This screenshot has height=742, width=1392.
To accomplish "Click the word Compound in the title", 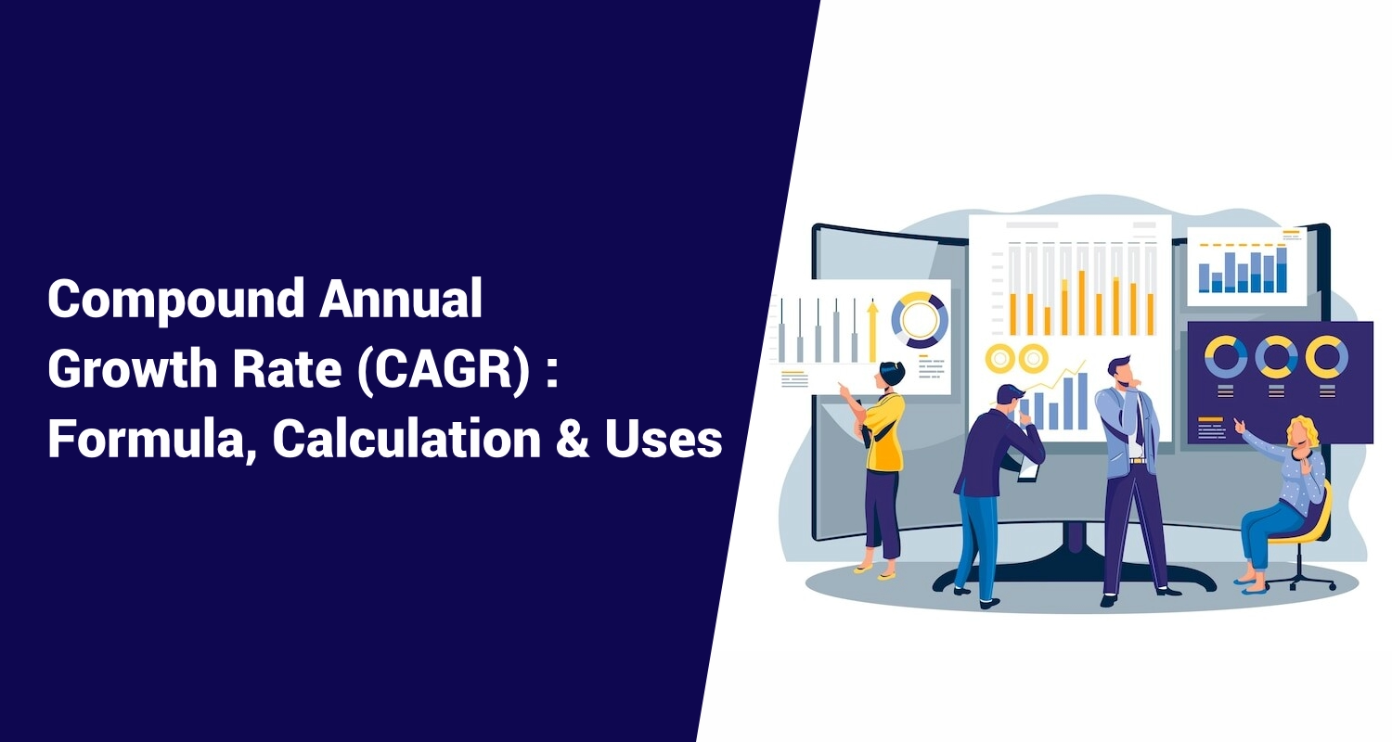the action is click(176, 301).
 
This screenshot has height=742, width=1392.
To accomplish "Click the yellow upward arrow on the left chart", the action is click(872, 331).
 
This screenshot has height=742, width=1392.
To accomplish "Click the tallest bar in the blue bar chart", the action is click(1282, 270).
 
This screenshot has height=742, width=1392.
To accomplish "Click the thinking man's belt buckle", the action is click(1137, 461).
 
